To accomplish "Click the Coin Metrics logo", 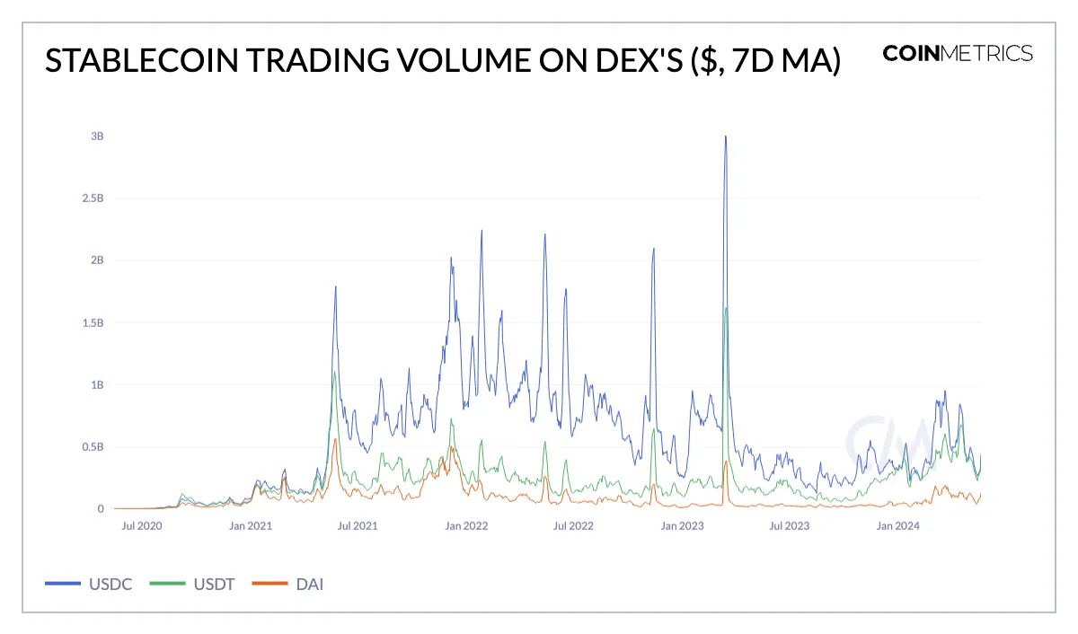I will click(958, 53).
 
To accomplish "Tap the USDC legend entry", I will click(89, 585).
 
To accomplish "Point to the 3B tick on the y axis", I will click(97, 136).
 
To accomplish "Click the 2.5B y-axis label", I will click(93, 198).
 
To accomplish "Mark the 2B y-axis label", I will click(97, 260).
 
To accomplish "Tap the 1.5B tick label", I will click(93, 322).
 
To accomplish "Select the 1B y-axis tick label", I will click(97, 384).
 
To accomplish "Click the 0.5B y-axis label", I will click(93, 446).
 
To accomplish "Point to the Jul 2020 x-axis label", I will click(141, 526).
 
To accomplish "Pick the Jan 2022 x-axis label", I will click(465, 526).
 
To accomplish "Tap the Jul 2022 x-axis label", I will click(572, 526).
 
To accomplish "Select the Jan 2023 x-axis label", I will click(681, 526).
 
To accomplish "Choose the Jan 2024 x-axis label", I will click(897, 526).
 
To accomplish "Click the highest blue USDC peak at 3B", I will click(725, 136).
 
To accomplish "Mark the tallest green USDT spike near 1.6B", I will click(726, 309).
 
